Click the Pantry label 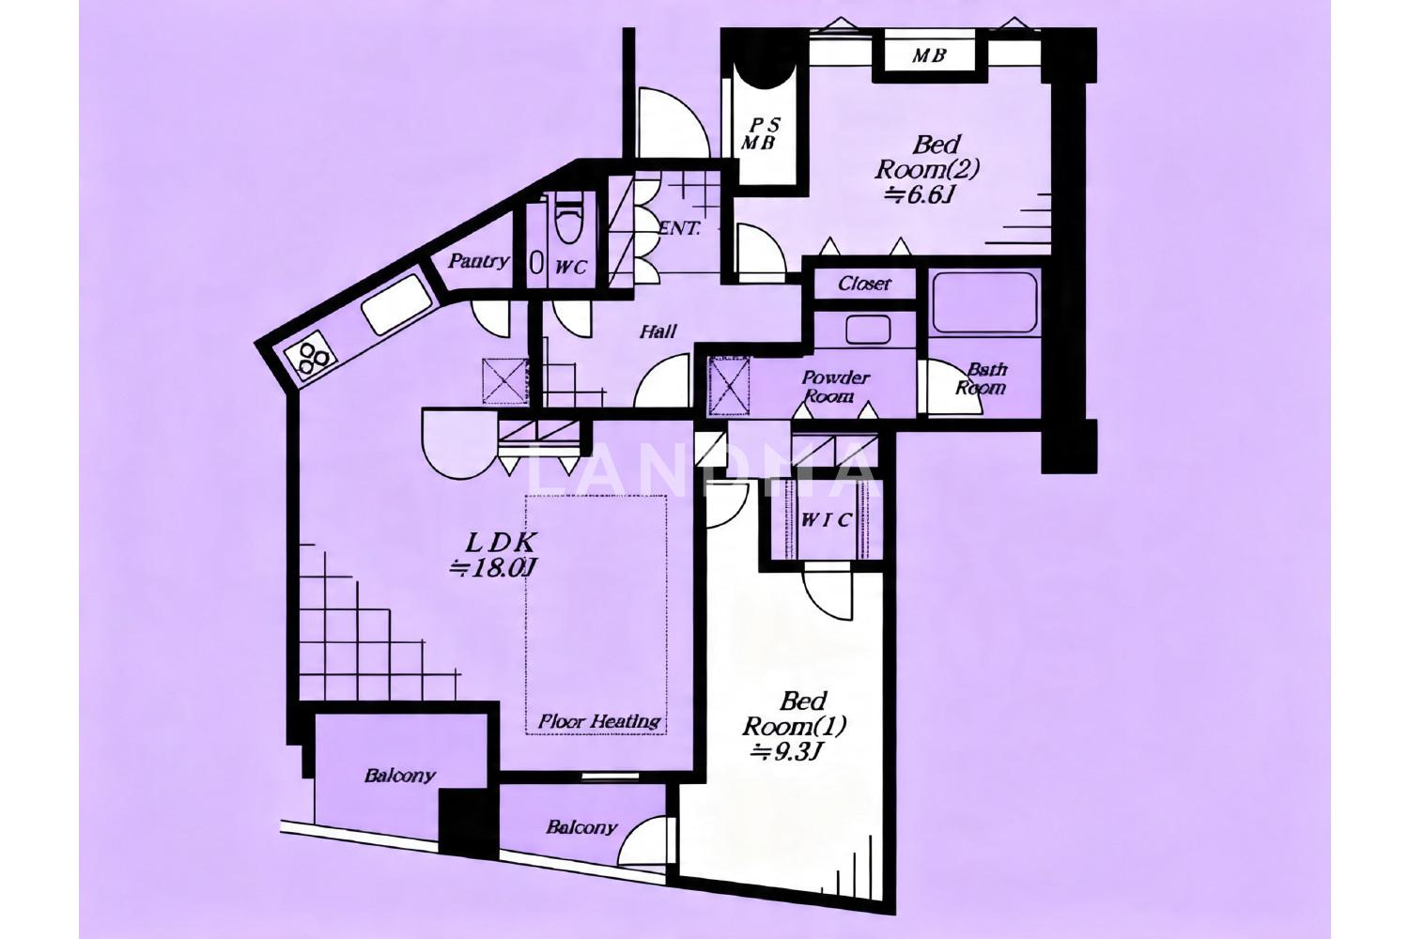478,261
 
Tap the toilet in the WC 568,217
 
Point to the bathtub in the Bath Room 984,303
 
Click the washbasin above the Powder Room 867,329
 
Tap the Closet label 864,285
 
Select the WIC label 827,520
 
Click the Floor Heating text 599,721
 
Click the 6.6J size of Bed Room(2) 921,195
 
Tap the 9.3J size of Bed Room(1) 787,751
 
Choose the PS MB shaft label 760,134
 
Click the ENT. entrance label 679,228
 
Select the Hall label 658,331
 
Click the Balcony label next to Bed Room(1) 581,827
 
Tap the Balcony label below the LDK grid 400,776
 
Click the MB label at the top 929,56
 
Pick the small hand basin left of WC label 536,263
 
